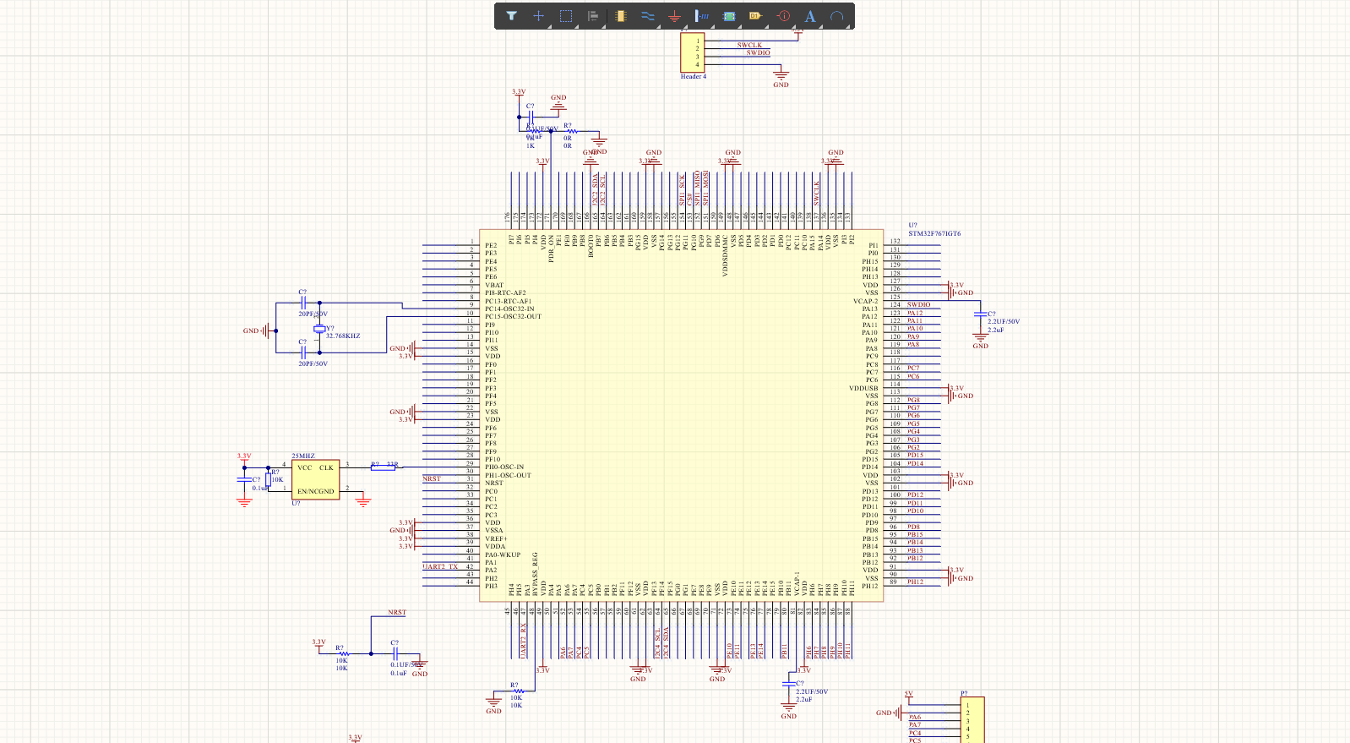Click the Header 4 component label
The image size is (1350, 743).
click(693, 77)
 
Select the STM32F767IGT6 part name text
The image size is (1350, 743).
click(934, 234)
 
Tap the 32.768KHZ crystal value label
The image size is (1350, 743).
click(343, 336)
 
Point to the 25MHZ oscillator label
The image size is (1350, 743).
click(303, 456)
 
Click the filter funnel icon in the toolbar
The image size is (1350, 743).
click(511, 16)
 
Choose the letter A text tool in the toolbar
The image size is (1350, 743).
click(809, 16)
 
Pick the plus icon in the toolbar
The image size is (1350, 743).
click(538, 16)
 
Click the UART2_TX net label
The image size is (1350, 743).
click(440, 567)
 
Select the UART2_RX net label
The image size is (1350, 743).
click(523, 641)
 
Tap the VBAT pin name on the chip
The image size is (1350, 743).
click(494, 286)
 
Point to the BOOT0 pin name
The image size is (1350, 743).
click(591, 246)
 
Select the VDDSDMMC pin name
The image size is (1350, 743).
click(725, 256)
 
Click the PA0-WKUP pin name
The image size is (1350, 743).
click(503, 555)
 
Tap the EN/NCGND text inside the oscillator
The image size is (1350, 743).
click(315, 491)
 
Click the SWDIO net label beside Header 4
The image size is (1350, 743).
click(758, 53)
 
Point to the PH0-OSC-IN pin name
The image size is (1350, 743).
click(504, 467)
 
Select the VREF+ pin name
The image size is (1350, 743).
click(496, 538)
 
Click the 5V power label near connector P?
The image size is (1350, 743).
click(909, 694)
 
